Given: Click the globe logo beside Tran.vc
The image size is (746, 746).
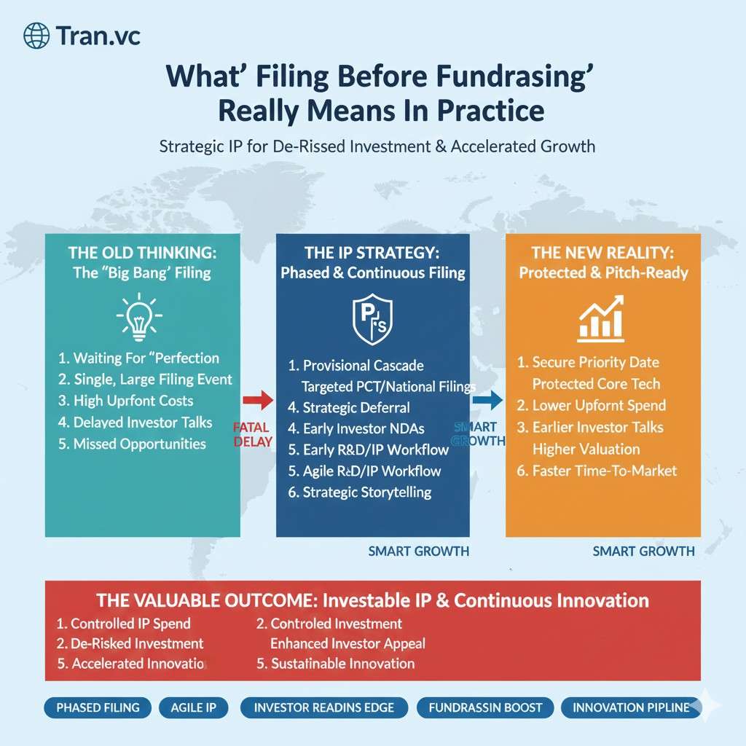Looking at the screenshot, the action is [36, 36].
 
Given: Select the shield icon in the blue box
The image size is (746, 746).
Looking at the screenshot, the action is [372, 320].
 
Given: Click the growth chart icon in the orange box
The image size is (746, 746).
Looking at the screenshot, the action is [601, 318].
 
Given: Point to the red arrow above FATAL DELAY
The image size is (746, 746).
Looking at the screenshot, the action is [258, 400].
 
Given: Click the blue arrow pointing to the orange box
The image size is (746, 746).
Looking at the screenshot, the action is [487, 400].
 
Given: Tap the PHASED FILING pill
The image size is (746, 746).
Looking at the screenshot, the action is [98, 707].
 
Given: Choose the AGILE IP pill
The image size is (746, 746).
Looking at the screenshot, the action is [193, 707].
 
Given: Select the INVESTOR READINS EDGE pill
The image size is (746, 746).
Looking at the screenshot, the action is [324, 707].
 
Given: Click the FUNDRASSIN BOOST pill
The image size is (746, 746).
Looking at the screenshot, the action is [485, 707].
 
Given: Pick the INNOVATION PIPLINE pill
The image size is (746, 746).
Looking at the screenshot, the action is [632, 707].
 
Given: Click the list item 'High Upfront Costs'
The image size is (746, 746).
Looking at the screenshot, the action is [125, 401].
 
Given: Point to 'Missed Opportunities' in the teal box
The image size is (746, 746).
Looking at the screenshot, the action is [132, 444].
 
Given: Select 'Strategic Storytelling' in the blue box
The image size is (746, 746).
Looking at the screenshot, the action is [360, 492].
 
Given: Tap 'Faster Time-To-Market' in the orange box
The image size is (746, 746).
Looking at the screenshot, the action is [597, 471].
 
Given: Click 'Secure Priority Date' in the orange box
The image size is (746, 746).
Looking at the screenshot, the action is [588, 362].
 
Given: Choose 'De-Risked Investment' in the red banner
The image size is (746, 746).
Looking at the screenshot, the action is [130, 643].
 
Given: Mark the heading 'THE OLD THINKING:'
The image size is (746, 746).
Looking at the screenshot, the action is [142, 253].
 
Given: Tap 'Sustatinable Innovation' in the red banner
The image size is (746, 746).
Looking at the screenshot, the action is [335, 663].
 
